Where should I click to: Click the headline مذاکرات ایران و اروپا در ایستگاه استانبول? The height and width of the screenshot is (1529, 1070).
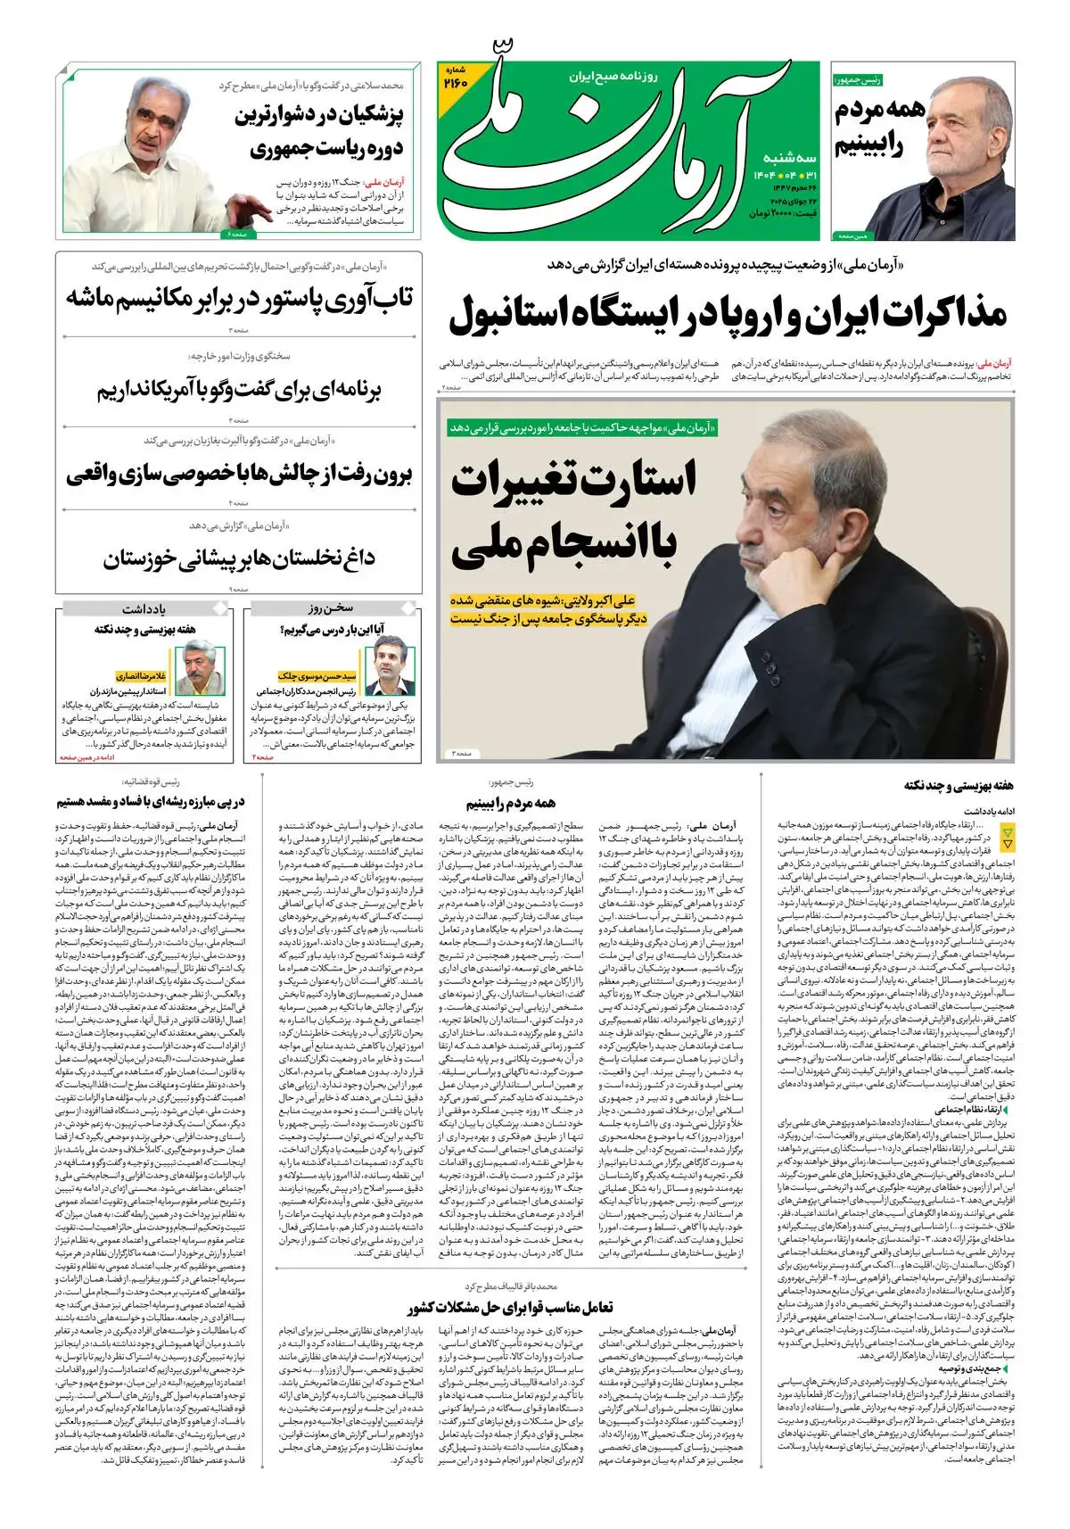(728, 315)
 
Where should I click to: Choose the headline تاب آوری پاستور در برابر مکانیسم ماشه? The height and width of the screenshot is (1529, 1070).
(239, 298)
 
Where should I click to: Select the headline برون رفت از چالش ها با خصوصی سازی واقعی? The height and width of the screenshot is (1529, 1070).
(239, 475)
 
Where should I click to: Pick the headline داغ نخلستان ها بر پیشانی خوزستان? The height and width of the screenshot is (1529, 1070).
(239, 559)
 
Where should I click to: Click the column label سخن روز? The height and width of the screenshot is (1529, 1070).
(331, 609)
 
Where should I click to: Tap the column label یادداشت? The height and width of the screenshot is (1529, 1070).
(144, 609)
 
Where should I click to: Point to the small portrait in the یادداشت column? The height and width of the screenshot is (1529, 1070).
(202, 668)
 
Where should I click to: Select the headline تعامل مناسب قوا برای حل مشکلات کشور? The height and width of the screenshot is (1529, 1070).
(510, 1308)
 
